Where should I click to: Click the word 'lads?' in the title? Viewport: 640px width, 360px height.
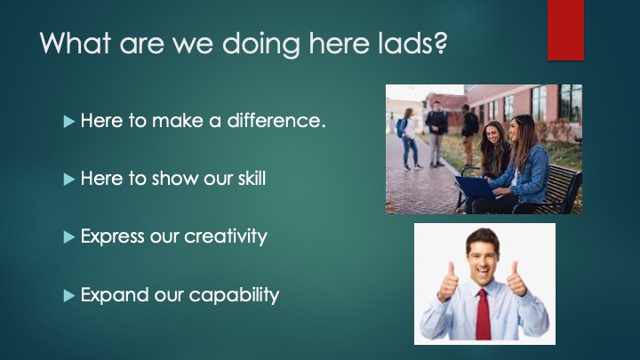[x=412, y=43]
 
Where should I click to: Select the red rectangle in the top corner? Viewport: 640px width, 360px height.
[x=565, y=30]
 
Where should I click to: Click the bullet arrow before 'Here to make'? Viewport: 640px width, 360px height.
[x=69, y=122]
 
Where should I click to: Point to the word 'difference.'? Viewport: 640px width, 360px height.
[x=276, y=120]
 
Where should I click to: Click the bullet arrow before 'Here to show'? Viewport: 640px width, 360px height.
[x=69, y=180]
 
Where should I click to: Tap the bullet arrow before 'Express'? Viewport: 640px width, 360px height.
[x=69, y=237]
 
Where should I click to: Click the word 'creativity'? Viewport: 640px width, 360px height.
[x=226, y=236]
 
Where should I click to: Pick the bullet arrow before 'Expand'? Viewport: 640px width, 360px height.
[x=69, y=295]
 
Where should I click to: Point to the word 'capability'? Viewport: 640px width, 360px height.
[x=234, y=295]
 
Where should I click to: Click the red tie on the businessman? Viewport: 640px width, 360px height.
[x=484, y=314]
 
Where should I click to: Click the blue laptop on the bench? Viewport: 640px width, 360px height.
[x=476, y=188]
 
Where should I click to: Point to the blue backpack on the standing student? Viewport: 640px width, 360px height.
[x=401, y=127]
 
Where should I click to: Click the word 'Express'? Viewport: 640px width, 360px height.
[x=113, y=236]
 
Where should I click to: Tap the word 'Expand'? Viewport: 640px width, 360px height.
[x=115, y=295]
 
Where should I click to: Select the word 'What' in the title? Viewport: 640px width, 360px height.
[x=76, y=43]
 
